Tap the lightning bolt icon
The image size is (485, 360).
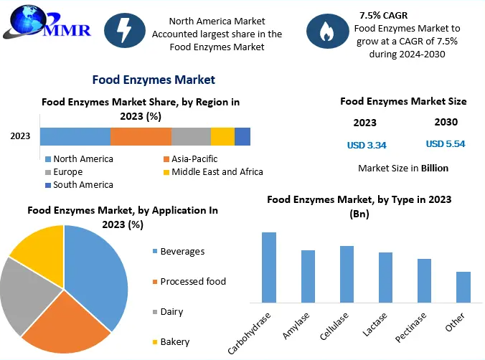pos(124,31)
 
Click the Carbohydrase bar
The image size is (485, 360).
pos(269,266)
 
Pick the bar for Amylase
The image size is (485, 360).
pos(308,275)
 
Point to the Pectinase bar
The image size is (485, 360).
pos(424,280)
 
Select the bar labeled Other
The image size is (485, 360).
pos(463,286)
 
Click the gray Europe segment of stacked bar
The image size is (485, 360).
pos(191,137)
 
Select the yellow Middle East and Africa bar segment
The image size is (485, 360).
pos(222,137)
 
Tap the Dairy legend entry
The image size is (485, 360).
pos(171,312)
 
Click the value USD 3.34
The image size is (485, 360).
pos(367,146)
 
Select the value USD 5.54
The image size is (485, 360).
pos(446,144)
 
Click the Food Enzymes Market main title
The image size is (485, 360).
pos(154,80)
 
